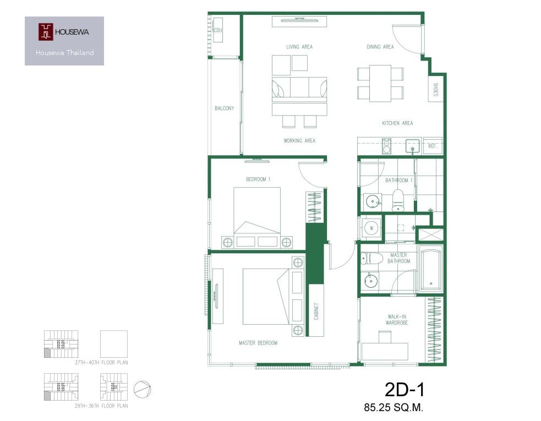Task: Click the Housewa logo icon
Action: pyautogui.click(x=46, y=32)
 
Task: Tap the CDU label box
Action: pyautogui.click(x=218, y=30)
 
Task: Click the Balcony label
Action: pyautogui.click(x=224, y=108)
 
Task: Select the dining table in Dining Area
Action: pyautogui.click(x=380, y=84)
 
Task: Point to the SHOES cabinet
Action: pyautogui.click(x=435, y=89)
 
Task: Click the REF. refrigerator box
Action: pyautogui.click(x=433, y=146)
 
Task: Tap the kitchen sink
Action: pyautogui.click(x=412, y=146)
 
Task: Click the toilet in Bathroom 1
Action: pyautogui.click(x=398, y=200)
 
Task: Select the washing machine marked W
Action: pyautogui.click(x=371, y=228)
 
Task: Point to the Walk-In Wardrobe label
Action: pyautogui.click(x=397, y=320)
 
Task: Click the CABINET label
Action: pyautogui.click(x=316, y=311)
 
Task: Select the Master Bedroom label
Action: pyautogui.click(x=258, y=343)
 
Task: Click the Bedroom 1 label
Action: pyautogui.click(x=258, y=179)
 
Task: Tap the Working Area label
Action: pyautogui.click(x=299, y=141)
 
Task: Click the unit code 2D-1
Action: pyautogui.click(x=405, y=390)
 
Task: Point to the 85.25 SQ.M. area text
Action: pyautogui.click(x=394, y=408)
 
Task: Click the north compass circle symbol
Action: pyautogui.click(x=143, y=389)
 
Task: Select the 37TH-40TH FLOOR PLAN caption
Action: pyautogui.click(x=101, y=363)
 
